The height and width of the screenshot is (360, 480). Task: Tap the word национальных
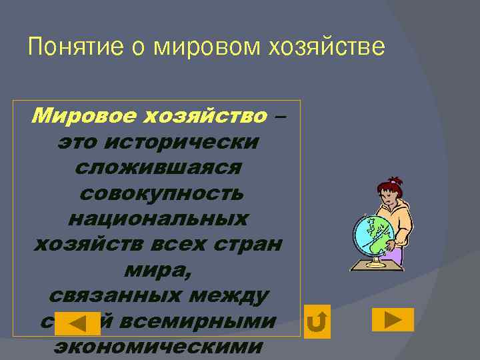[159, 219]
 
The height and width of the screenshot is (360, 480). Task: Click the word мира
[157, 269]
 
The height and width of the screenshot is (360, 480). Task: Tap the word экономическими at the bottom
[159, 346]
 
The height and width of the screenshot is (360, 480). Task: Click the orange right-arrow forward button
[393, 319]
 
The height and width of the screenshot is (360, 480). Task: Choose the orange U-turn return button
[318, 322]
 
